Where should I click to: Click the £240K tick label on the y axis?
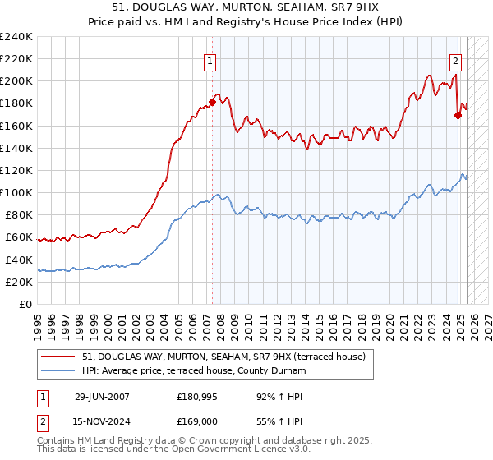tap(16, 37)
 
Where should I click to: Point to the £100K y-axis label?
tap(16, 192)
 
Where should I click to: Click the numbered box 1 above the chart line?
tap(211, 60)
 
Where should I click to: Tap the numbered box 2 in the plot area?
tap(455, 60)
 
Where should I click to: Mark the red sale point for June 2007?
tap(212, 103)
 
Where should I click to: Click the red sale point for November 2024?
tap(458, 116)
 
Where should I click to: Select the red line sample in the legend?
tap(59, 356)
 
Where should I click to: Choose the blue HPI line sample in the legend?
tap(59, 371)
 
